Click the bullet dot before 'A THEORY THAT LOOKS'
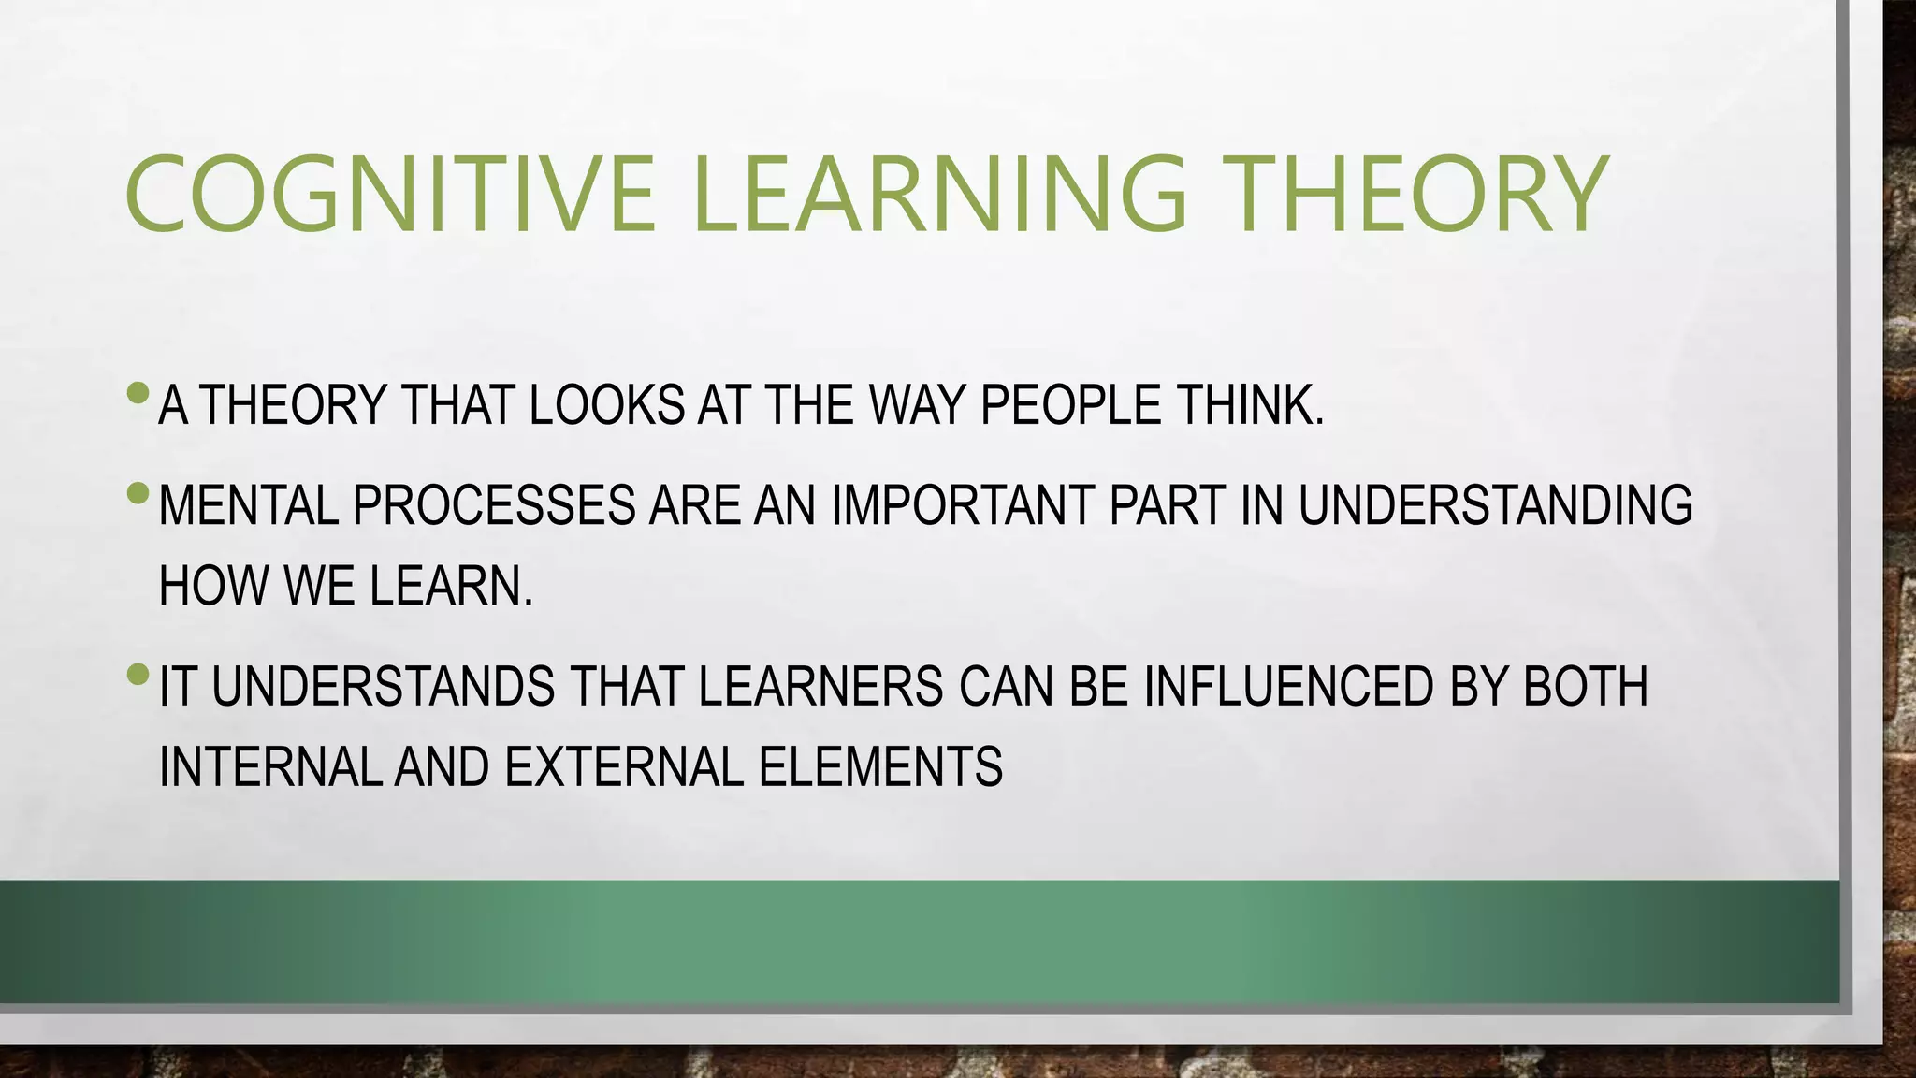(138, 392)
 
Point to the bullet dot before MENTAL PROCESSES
(138, 492)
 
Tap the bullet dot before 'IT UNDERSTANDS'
(138, 673)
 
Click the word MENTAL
(248, 505)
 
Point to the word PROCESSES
(494, 505)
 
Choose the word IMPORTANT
(963, 505)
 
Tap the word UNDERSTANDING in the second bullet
(1495, 505)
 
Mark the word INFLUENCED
(1288, 686)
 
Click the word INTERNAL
(270, 767)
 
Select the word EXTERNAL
(624, 767)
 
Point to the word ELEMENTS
(880, 767)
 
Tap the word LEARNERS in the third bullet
(820, 686)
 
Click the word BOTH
(1585, 686)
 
